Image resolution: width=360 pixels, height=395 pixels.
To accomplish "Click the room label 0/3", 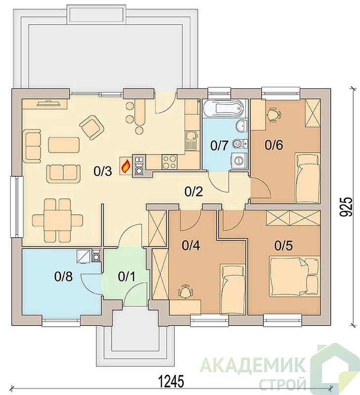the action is [103, 171].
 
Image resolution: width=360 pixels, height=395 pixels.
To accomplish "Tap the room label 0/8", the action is [63, 276].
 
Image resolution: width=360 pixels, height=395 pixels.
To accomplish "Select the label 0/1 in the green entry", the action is [126, 276].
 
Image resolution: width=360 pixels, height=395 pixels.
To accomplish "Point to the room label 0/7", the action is [219, 146].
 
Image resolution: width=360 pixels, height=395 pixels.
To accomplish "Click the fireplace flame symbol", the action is [125, 165].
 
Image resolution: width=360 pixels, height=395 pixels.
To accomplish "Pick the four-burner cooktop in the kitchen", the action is [169, 162].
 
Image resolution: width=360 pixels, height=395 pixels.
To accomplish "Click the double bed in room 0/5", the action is [294, 276].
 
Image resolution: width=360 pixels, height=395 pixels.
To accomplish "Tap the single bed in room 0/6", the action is [308, 178].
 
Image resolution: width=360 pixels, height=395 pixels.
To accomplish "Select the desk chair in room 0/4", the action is [186, 291].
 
